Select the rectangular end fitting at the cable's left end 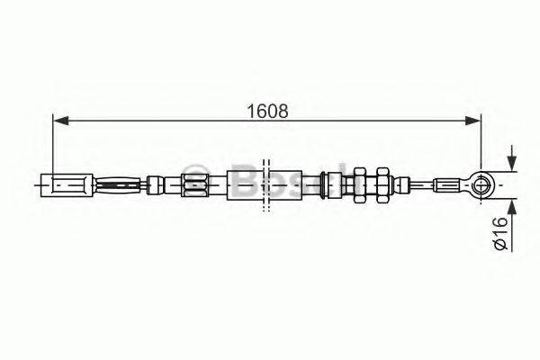67,187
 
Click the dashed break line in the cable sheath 265,186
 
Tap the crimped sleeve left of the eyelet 448,185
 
